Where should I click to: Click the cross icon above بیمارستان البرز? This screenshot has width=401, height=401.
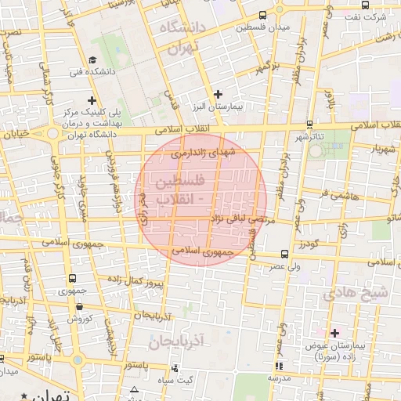(219, 94)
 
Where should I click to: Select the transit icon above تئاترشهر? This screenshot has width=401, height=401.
(310, 124)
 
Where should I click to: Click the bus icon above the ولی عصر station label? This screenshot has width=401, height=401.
(284, 254)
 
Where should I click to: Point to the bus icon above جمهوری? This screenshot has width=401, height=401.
(72, 278)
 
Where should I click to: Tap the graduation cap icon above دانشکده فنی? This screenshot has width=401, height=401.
(92, 60)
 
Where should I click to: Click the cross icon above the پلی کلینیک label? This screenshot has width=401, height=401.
(92, 100)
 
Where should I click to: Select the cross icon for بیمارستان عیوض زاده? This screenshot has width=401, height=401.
(335, 333)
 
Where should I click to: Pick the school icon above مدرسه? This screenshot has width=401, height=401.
(279, 366)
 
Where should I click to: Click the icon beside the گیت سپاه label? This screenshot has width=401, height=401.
(174, 368)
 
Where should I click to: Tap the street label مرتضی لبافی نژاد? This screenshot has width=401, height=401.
(241, 222)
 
